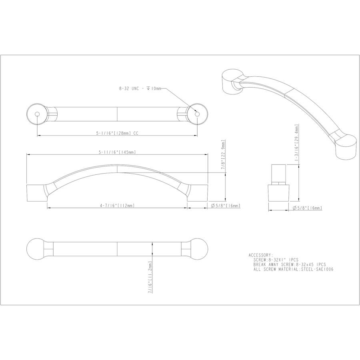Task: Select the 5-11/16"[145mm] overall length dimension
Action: (117, 152)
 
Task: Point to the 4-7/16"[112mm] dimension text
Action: (117, 206)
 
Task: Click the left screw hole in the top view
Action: (37, 114)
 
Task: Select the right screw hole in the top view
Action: (196, 114)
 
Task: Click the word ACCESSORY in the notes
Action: (260, 254)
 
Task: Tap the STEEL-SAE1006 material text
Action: (318, 269)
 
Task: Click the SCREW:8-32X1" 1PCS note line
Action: (276, 260)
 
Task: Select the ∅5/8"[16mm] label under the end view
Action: (307, 208)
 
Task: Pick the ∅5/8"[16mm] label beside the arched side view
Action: (225, 206)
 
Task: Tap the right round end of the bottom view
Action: (197, 249)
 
